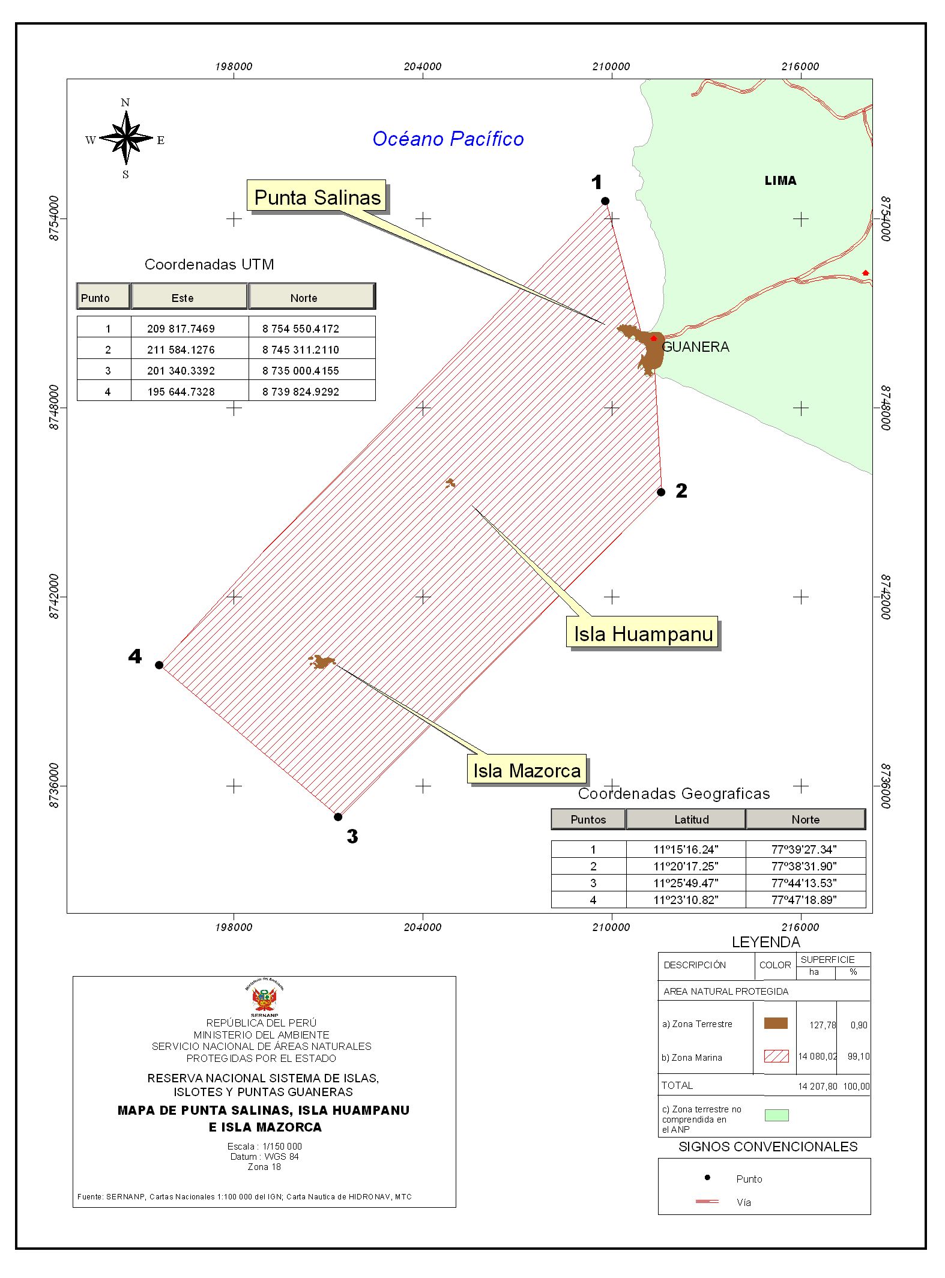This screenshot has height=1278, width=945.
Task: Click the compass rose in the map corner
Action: [125, 138]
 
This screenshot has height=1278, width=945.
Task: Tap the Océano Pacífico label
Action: [448, 139]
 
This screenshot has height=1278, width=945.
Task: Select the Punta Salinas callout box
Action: [317, 197]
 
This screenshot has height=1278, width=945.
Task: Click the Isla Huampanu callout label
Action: [642, 633]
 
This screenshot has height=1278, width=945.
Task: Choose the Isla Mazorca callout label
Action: [527, 770]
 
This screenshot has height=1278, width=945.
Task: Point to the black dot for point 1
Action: [605, 201]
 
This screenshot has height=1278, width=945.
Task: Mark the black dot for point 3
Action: [338, 816]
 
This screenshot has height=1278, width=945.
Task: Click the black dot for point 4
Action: [159, 665]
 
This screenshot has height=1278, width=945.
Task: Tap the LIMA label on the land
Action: [780, 181]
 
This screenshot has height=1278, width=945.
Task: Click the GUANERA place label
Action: [695, 347]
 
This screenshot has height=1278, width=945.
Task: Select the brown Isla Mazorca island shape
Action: [322, 662]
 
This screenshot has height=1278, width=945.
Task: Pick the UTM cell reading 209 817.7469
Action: [181, 328]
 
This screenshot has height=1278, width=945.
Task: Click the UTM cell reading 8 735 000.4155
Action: [300, 370]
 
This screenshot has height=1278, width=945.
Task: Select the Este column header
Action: [183, 298]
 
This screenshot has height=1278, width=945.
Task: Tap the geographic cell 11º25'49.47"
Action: [686, 882]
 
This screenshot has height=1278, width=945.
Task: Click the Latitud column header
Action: [691, 819]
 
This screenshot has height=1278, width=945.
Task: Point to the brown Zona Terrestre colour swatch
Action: [776, 1023]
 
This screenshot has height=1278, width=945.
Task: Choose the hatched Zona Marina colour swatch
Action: [776, 1056]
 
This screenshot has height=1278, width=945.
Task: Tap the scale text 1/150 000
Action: [282, 1146]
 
